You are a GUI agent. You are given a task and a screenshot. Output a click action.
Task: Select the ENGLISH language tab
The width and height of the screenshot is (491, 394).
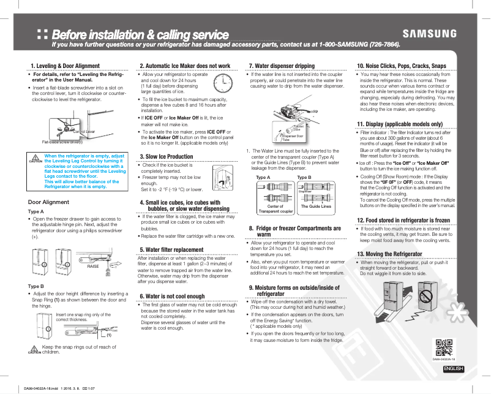[x=453, y=368]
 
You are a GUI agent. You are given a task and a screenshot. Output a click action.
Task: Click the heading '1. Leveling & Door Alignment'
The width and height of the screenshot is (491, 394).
[x=65, y=66]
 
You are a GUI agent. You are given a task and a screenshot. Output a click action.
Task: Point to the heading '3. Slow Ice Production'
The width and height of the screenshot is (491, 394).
[x=167, y=157]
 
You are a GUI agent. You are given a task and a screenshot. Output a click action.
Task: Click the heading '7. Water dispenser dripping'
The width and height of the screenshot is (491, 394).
[x=282, y=66]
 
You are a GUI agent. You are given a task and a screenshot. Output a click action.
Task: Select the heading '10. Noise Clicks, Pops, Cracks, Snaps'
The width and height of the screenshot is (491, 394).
[x=401, y=66]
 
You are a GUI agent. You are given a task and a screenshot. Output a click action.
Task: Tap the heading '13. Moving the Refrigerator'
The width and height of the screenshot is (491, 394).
[x=389, y=254]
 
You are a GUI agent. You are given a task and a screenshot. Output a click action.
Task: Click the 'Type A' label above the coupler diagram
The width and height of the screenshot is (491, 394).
[x=263, y=177]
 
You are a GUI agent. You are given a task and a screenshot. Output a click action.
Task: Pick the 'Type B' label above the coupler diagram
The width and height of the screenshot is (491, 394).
[x=304, y=177]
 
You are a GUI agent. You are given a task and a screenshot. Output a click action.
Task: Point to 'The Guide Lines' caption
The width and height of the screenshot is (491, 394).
[x=316, y=206]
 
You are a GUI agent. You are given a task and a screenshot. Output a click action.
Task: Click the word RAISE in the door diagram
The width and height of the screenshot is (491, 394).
[x=93, y=266]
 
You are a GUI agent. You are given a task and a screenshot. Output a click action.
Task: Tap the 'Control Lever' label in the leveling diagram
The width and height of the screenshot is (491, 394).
[x=84, y=131]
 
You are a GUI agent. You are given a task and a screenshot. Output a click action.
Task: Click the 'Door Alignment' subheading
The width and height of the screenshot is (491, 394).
[x=48, y=202]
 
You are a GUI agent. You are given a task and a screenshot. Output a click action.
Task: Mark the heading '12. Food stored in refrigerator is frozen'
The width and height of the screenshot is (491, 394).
[x=403, y=219]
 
